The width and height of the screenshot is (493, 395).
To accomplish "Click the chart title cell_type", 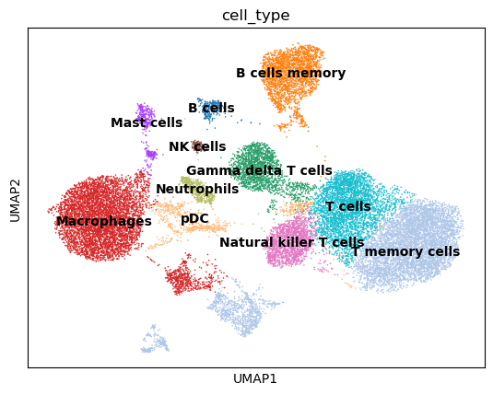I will (256, 16).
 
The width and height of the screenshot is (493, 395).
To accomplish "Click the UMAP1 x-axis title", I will (256, 378).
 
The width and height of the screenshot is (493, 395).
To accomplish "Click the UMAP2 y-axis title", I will (15, 198).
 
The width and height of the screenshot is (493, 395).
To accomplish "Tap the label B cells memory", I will (290, 74).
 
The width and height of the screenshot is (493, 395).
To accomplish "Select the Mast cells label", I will (147, 123).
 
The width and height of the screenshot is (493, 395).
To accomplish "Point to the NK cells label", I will (197, 147).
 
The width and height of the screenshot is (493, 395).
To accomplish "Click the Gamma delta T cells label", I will (259, 171).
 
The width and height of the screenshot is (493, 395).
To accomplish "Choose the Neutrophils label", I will (197, 190).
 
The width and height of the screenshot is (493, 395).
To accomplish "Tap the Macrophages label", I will (103, 222).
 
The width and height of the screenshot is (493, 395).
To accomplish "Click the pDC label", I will (194, 219).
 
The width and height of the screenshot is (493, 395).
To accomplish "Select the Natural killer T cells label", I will (291, 243).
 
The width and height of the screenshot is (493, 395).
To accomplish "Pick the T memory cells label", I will (405, 252).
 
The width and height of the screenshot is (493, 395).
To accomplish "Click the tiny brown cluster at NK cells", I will (197, 145).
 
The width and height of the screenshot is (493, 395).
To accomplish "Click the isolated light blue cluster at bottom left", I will (154, 342).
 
